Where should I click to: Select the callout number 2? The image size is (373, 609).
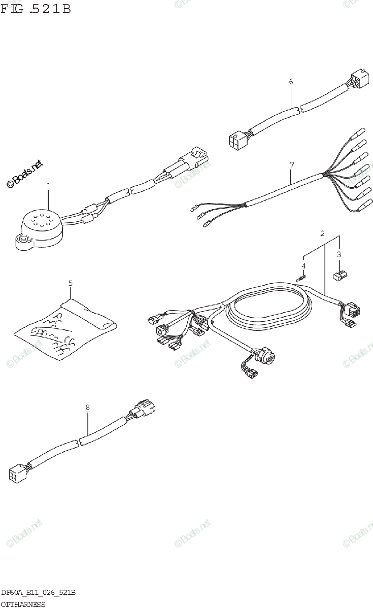(322, 233)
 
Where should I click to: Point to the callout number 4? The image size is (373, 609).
(303, 265)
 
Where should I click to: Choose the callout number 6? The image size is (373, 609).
(291, 81)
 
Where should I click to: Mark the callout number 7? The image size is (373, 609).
(291, 165)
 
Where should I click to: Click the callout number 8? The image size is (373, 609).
(87, 407)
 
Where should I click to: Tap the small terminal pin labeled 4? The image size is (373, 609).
(303, 277)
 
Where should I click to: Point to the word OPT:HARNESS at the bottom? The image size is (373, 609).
(23, 604)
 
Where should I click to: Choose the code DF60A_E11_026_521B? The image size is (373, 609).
(39, 593)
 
